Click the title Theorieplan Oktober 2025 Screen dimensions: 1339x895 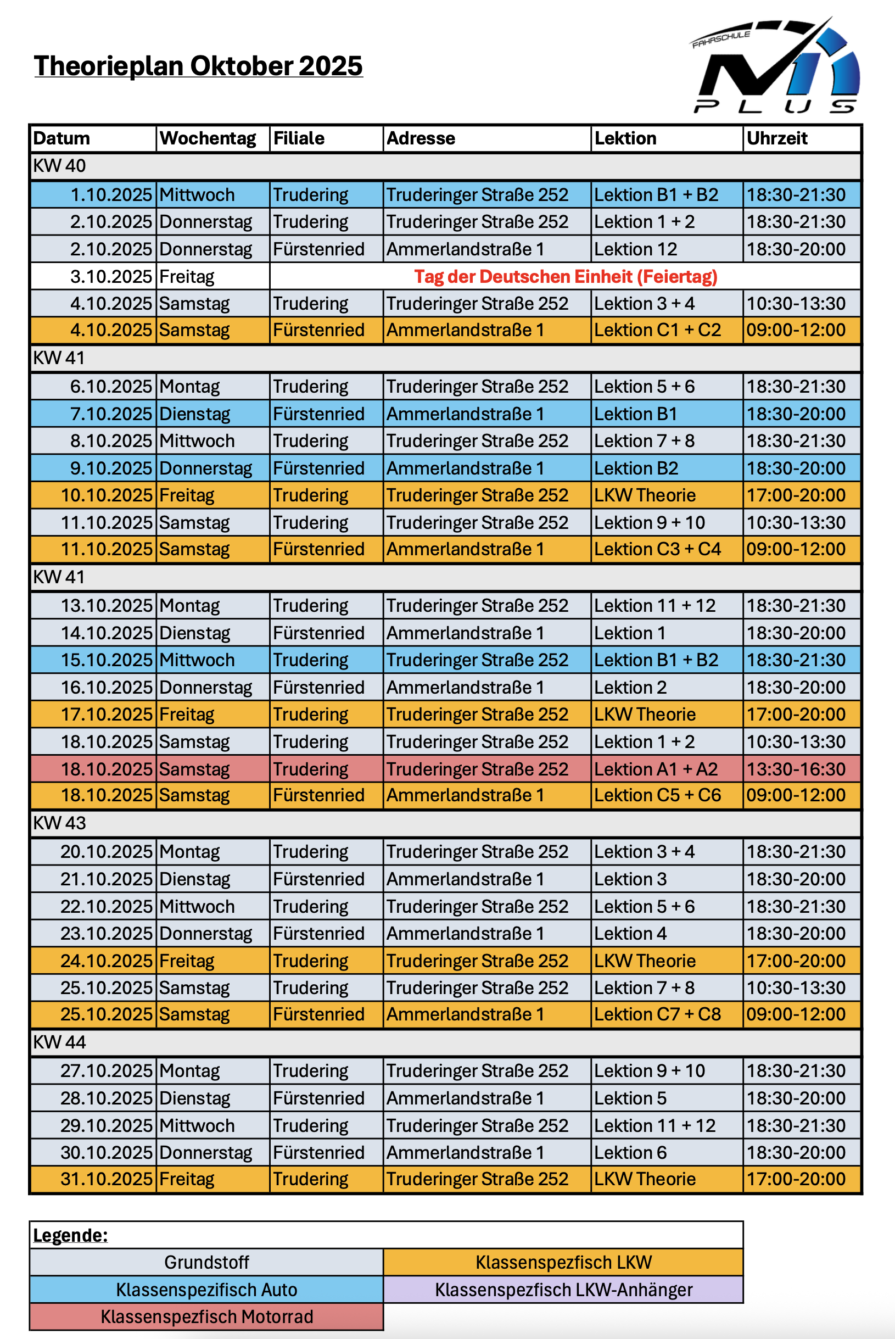point(198,66)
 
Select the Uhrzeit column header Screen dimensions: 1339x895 point(777,138)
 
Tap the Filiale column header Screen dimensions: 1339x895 point(299,138)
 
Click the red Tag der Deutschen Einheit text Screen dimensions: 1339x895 point(565,276)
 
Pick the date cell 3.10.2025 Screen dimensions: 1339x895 point(111,276)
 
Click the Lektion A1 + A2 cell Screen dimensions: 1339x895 point(656,769)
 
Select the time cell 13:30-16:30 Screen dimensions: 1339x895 point(796,769)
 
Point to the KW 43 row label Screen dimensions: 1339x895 point(59,823)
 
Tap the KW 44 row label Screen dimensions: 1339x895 point(59,1042)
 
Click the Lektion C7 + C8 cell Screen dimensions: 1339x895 point(658,1014)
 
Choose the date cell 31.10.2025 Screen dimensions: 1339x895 point(106,1179)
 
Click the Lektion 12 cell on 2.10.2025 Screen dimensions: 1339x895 point(635,249)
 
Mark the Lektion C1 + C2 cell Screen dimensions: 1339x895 point(658,330)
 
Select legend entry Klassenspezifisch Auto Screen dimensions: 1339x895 point(206,1290)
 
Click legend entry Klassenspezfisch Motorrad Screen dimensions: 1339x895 point(206,1316)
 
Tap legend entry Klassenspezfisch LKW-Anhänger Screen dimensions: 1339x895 point(563,1290)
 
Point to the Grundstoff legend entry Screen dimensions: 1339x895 point(206,1262)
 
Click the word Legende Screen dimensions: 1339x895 point(70,1235)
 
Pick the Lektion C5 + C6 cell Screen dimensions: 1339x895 point(658,795)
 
